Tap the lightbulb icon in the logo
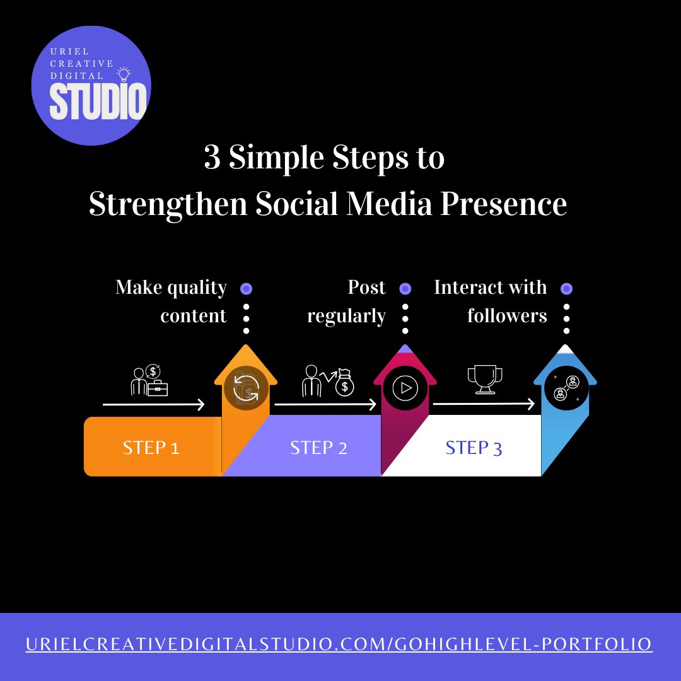(x=124, y=74)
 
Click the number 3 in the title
(x=212, y=158)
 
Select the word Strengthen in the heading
(x=168, y=204)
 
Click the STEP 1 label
(x=151, y=448)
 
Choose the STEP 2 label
(x=318, y=448)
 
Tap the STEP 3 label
(x=474, y=448)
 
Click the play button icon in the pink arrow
(x=405, y=388)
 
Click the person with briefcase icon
(x=149, y=381)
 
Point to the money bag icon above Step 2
(x=344, y=382)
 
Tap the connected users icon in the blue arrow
(x=566, y=388)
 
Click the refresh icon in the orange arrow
(x=246, y=388)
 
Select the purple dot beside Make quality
(x=247, y=289)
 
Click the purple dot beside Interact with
(x=567, y=289)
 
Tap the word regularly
(x=346, y=316)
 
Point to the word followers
(x=507, y=315)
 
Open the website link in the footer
(x=339, y=644)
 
